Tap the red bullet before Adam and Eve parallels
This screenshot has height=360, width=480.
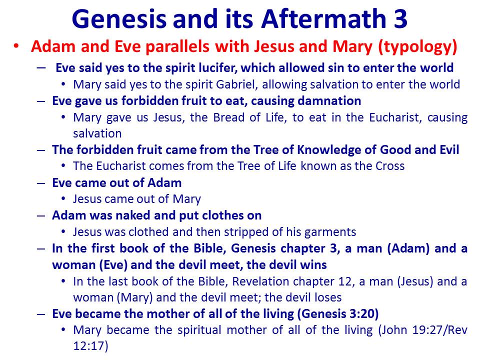point(16,46)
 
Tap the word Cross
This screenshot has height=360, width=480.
point(390,166)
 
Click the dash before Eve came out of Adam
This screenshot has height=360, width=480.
point(41,183)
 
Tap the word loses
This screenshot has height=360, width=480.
point(328,297)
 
